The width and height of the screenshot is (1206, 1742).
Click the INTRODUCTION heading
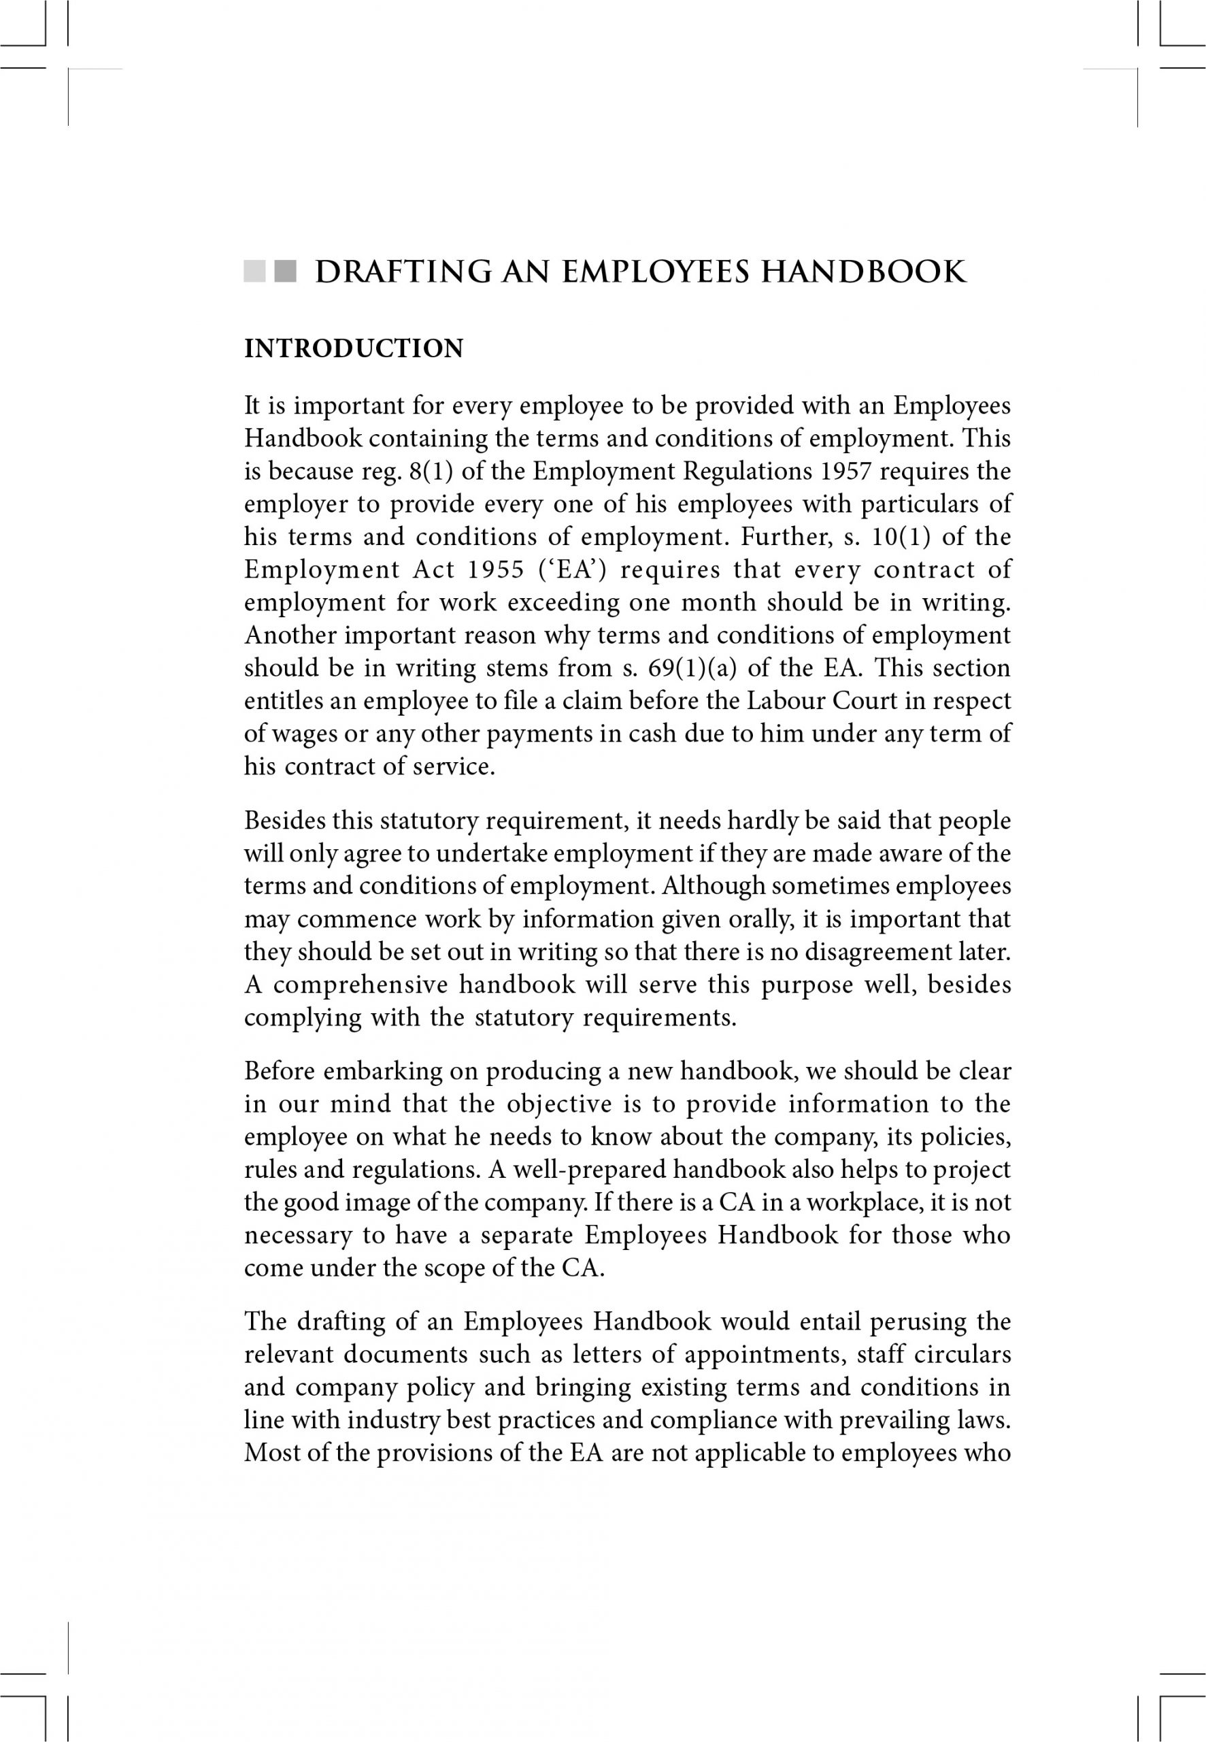[354, 349]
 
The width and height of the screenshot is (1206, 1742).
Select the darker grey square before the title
[286, 272]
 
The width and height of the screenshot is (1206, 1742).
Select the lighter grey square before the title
[254, 272]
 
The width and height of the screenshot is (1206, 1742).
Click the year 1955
[495, 570]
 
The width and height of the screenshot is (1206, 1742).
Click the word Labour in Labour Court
[786, 702]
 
